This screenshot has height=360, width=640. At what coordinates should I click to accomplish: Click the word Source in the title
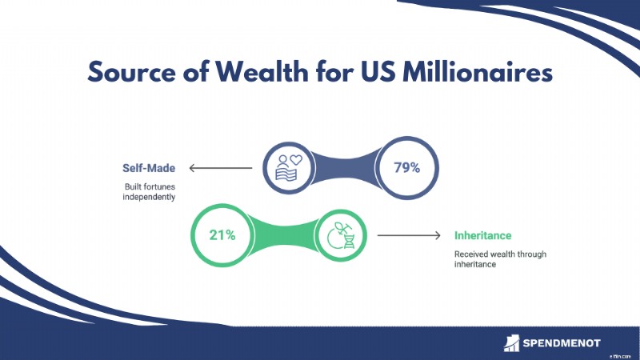[132, 72]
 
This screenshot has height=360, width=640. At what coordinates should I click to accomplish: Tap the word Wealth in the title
[262, 71]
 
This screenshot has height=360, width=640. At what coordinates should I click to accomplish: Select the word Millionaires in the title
[478, 71]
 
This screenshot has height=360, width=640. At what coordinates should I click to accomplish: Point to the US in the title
[378, 72]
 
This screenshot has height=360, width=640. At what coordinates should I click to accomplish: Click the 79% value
[407, 167]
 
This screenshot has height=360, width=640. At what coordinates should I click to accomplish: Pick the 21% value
[222, 235]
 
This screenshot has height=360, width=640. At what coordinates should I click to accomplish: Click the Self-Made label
[149, 168]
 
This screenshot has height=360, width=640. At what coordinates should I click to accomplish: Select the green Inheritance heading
[483, 235]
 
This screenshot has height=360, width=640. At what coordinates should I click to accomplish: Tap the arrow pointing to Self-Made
[221, 168]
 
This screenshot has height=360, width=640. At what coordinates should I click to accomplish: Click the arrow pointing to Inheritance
[409, 235]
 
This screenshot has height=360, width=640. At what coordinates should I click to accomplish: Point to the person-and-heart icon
[289, 168]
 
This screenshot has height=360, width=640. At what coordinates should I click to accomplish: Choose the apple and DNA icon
[341, 235]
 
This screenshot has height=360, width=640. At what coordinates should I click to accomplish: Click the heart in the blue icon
[296, 159]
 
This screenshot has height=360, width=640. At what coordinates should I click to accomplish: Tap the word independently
[149, 197]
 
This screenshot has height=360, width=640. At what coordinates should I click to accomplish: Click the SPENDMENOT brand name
[562, 343]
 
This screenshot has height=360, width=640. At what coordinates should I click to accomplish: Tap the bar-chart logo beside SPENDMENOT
[511, 343]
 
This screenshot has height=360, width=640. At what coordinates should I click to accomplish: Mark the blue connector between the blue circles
[345, 168]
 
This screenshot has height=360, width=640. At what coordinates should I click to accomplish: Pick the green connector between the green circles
[285, 235]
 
